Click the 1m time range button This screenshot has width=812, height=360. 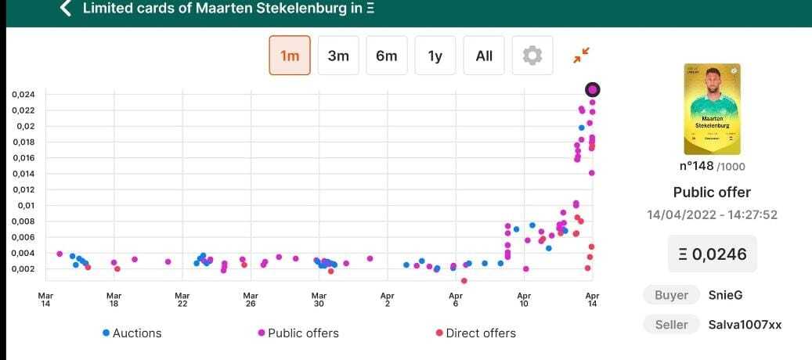[290, 56]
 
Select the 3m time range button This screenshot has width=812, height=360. [338, 56]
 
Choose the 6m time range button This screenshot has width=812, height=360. [387, 56]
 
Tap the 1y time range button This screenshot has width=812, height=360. [435, 56]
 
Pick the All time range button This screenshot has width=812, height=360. [484, 56]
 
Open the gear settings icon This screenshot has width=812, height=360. [532, 56]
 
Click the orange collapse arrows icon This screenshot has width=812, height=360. [580, 55]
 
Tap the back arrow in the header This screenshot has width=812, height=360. [66, 9]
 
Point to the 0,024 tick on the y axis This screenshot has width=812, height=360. [23, 95]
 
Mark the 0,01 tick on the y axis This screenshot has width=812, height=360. [27, 205]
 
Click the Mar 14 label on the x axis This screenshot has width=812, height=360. [46, 299]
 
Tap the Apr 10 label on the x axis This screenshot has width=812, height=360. [524, 299]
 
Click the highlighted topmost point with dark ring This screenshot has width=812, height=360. [593, 89]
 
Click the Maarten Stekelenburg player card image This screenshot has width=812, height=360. [712, 109]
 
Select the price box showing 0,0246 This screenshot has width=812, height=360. [712, 254]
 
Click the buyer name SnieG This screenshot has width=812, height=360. [724, 295]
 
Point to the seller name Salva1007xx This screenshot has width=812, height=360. [745, 325]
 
